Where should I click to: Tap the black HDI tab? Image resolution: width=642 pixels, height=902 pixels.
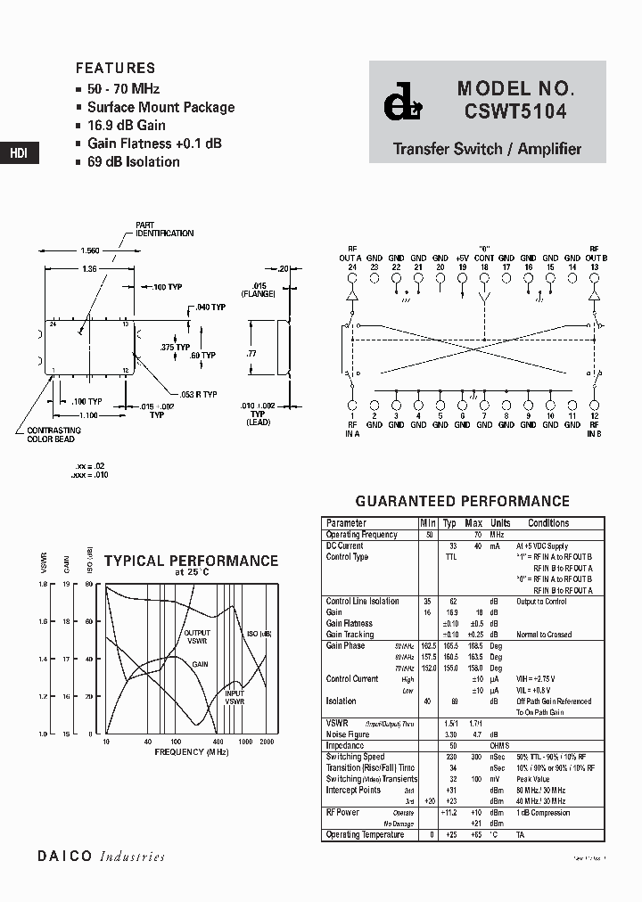click(19, 153)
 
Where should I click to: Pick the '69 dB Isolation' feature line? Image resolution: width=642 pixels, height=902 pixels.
click(133, 162)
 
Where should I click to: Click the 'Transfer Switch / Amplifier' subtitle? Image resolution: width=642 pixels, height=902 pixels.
click(487, 149)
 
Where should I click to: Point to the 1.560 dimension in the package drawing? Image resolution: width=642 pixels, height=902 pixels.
click(90, 252)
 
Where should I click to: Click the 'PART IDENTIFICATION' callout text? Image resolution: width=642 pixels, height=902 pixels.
click(164, 229)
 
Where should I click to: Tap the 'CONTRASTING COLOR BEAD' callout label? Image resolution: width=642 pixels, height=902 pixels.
click(47, 435)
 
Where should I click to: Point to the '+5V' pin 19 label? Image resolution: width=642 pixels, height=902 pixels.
click(462, 258)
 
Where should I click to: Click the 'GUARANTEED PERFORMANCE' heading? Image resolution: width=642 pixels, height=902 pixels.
click(462, 502)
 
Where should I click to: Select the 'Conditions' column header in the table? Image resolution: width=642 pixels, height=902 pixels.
click(547, 523)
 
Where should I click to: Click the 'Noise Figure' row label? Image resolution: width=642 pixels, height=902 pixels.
click(348, 734)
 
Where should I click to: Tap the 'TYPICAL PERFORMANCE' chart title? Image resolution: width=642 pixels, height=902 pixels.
click(191, 562)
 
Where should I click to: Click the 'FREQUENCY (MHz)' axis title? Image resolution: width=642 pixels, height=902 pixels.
click(191, 752)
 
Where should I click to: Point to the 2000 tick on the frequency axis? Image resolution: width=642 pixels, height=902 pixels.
click(267, 742)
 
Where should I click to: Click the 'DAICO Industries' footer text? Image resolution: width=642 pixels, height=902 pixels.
click(101, 857)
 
